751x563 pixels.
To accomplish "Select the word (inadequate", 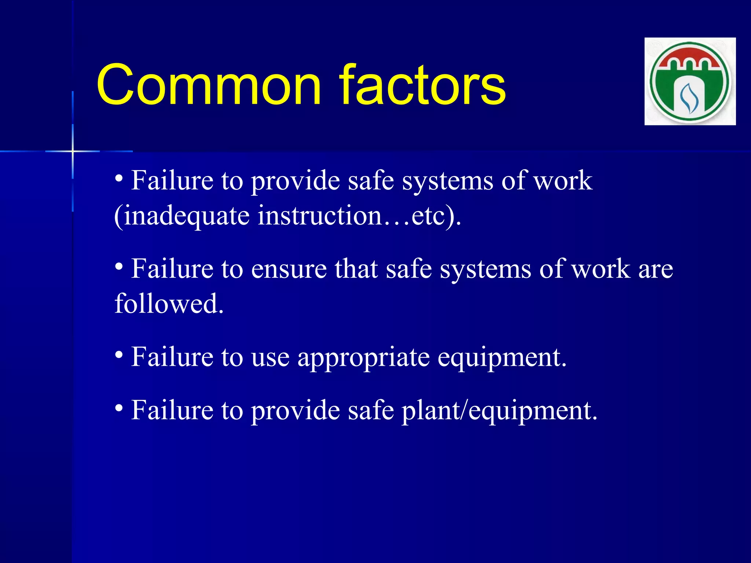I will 182,216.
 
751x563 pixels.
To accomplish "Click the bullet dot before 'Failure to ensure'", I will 118,266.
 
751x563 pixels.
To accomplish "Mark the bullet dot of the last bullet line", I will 118,408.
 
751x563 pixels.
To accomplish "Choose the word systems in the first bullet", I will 447,181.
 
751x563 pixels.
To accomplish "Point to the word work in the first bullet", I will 563,181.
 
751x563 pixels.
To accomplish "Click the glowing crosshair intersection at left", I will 73,151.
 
